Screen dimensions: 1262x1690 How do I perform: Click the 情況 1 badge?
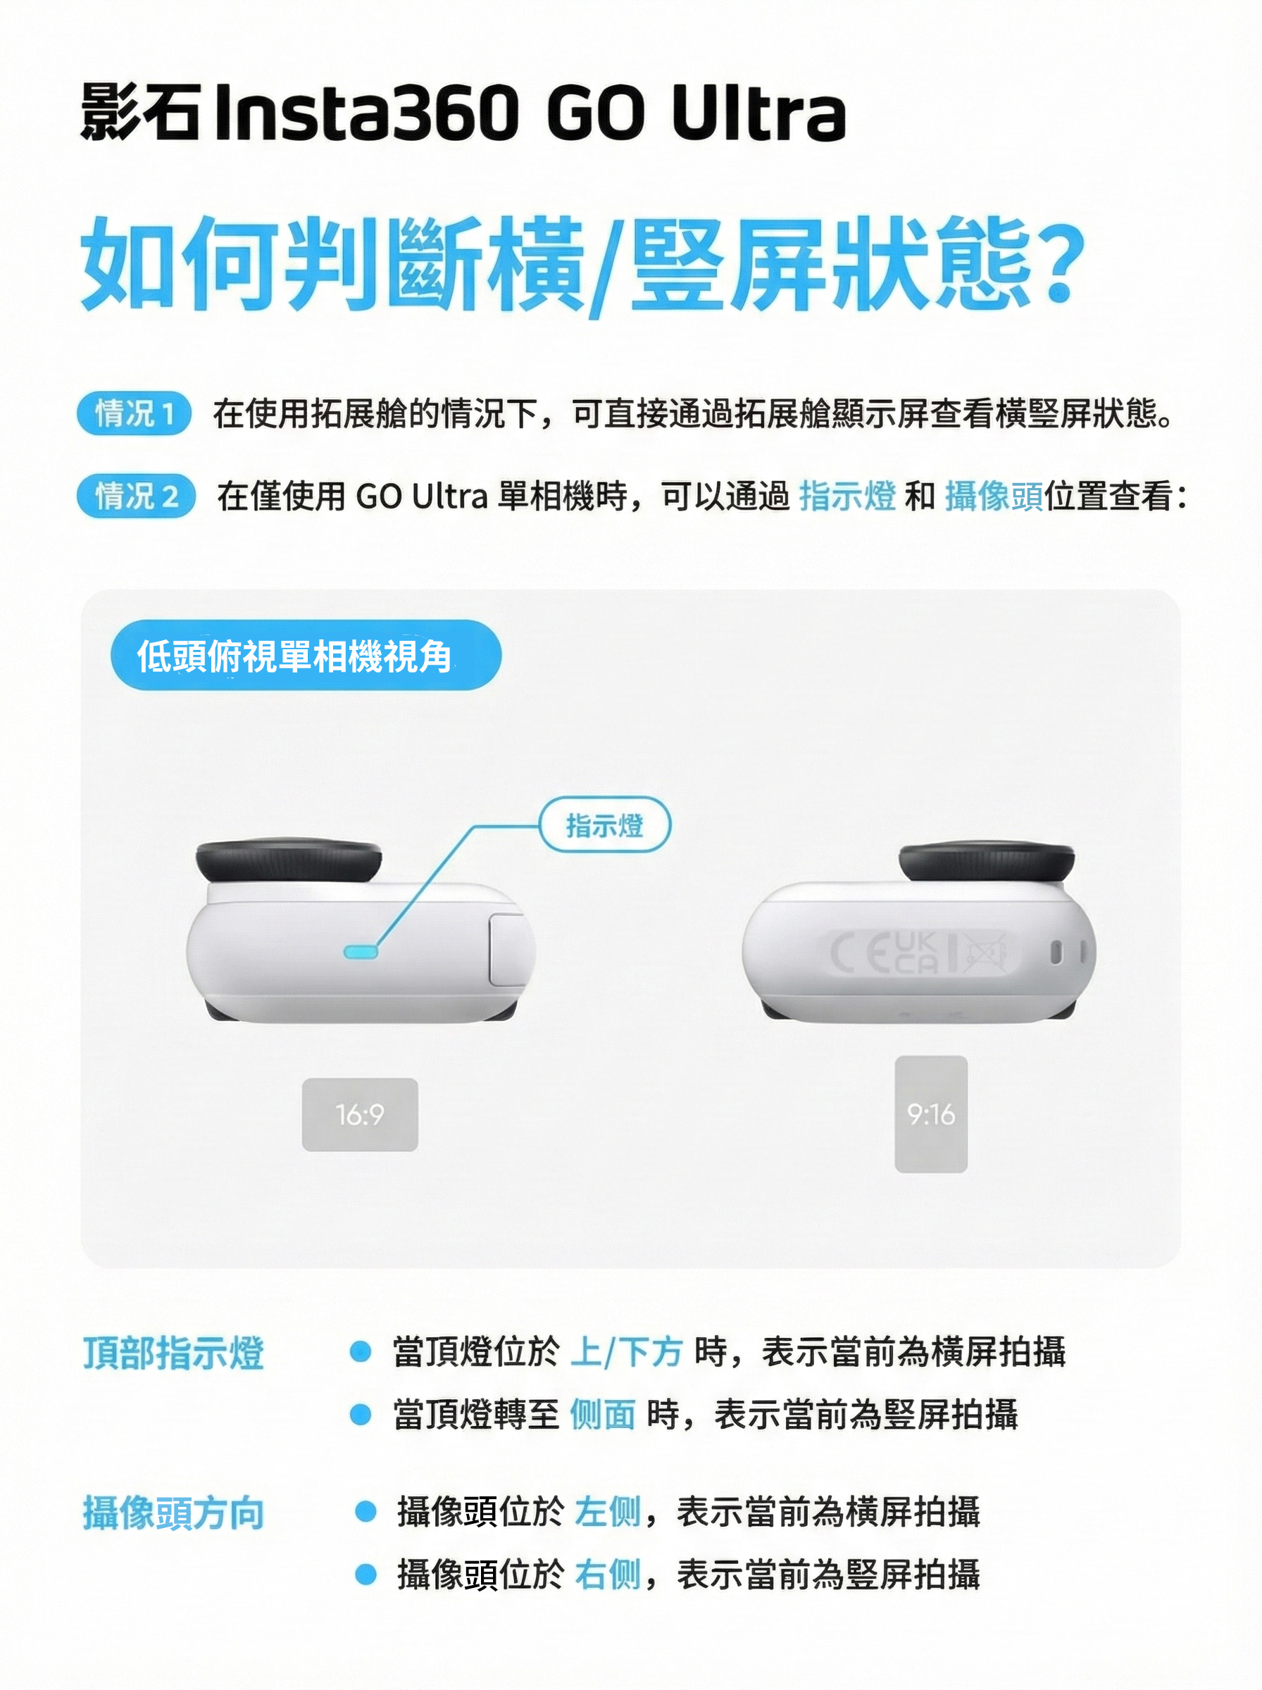tap(134, 414)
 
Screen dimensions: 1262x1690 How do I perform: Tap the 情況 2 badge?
tap(136, 496)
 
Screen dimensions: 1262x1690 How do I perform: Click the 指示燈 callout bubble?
tap(605, 825)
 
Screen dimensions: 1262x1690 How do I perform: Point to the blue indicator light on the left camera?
tap(361, 951)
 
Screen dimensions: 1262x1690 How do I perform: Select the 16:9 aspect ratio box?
tap(360, 1114)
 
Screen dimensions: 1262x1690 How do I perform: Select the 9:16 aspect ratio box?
tap(931, 1114)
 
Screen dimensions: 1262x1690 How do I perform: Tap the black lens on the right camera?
tap(986, 863)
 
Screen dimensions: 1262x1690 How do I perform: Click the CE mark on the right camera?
tap(859, 953)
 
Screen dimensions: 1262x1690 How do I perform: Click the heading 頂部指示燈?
tap(173, 1353)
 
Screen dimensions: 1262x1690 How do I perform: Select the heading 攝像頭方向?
tap(173, 1513)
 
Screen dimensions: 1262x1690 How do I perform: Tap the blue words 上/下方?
tap(625, 1352)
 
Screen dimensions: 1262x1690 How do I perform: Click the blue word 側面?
tap(603, 1414)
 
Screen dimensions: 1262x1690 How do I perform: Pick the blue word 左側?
tap(607, 1511)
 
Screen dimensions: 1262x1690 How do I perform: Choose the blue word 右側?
tap(607, 1574)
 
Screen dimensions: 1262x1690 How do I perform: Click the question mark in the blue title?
tap(1062, 262)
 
